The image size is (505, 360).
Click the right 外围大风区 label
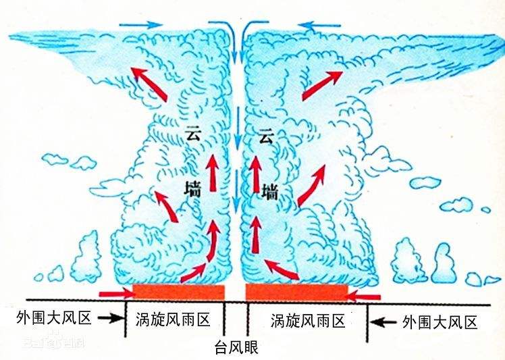[440, 322]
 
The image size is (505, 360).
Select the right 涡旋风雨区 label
[307, 320]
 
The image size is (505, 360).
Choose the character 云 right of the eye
[266, 138]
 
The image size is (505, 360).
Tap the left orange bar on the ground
[179, 292]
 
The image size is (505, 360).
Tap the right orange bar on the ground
[297, 292]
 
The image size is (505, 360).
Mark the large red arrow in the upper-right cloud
[321, 84]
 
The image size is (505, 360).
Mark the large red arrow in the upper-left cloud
[149, 84]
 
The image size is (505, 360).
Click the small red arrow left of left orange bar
[115, 293]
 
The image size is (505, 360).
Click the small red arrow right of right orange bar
[362, 296]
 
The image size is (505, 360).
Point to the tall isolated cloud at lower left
[88, 258]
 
